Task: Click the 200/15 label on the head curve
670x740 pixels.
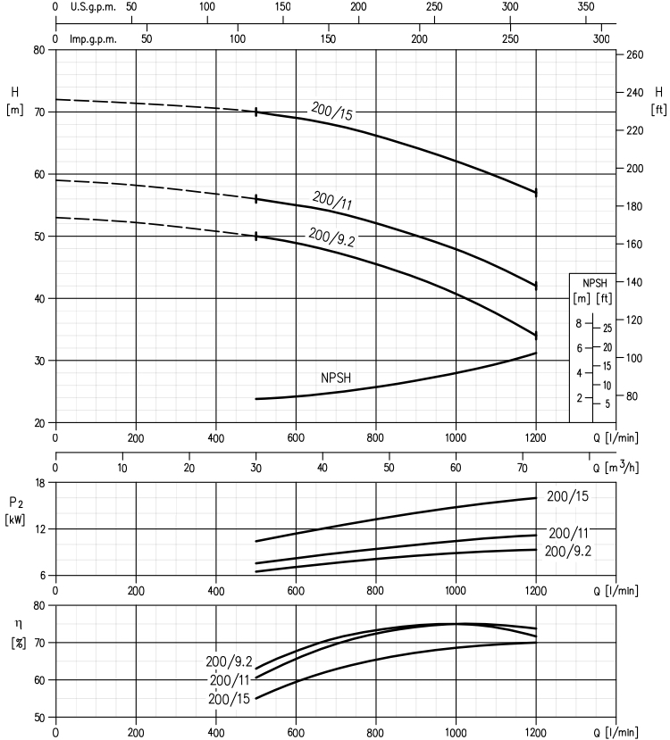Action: (x=332, y=112)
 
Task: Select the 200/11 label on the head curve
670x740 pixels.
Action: (x=332, y=200)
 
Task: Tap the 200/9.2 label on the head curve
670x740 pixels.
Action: (x=331, y=237)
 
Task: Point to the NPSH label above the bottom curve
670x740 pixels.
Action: (x=336, y=378)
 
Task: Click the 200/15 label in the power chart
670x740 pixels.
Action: (x=567, y=496)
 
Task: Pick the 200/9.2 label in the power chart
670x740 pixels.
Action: (x=567, y=552)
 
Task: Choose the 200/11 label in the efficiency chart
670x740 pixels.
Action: (x=230, y=680)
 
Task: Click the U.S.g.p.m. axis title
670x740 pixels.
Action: (x=93, y=7)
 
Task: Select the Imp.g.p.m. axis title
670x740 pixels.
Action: (x=93, y=39)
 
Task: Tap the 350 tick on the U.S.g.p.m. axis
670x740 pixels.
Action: (x=586, y=6)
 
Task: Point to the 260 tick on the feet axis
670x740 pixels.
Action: (x=634, y=54)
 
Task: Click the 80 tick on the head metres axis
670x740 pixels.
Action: (x=39, y=50)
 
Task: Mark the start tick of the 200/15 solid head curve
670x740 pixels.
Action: (x=255, y=112)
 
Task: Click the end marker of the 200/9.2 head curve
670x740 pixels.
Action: (x=536, y=336)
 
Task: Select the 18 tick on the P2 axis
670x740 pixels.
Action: (x=39, y=483)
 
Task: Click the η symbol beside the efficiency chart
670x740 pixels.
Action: (x=19, y=624)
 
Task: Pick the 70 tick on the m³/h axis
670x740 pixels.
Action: (x=523, y=468)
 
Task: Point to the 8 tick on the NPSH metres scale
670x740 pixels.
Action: (x=579, y=324)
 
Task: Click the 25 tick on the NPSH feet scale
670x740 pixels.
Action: (x=607, y=328)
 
